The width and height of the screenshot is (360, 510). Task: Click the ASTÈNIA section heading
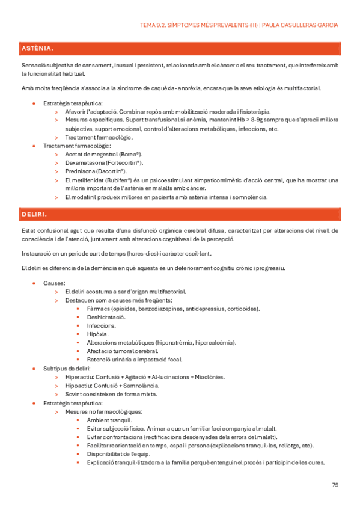37,48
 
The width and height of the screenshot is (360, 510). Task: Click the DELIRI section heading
34,214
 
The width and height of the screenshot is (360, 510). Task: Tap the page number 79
335,485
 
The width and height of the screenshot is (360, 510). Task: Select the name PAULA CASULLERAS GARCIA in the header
301,25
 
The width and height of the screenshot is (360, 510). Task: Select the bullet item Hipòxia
97,334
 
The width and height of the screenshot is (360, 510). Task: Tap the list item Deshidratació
106,317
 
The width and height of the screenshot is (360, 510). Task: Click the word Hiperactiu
79,377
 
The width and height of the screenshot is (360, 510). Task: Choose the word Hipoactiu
78,386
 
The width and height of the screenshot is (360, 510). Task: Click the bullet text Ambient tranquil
110,420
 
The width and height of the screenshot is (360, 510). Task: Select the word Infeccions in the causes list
102,325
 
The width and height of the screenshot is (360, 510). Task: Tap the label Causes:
55,283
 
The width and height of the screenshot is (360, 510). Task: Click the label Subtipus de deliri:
67,369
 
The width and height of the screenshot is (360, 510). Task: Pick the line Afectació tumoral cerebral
123,351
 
